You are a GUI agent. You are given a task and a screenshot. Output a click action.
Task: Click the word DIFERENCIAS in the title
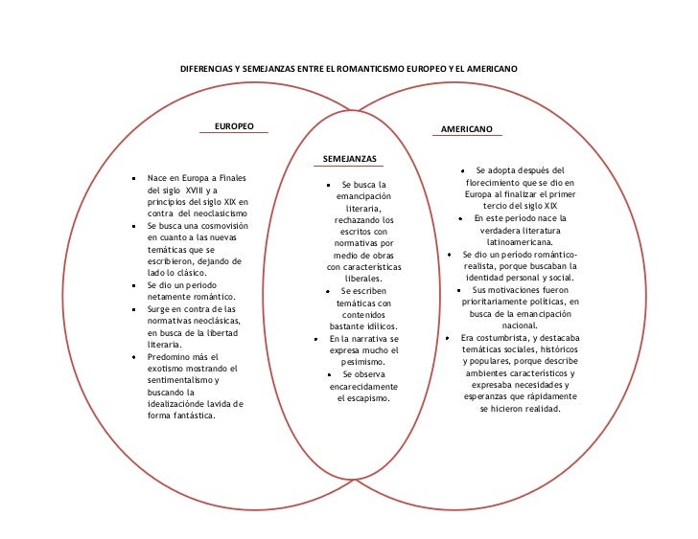pyautogui.click(x=207, y=70)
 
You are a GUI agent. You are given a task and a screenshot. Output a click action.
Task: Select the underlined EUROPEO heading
pyautogui.click(x=234, y=125)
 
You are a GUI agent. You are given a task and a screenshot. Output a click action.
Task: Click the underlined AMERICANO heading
pyautogui.click(x=467, y=128)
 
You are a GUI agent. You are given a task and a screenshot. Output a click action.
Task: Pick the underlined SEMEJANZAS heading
pyautogui.click(x=350, y=157)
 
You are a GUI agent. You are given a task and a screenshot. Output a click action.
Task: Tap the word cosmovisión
pyautogui.click(x=222, y=226)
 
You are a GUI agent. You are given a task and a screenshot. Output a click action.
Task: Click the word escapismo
pyautogui.click(x=363, y=398)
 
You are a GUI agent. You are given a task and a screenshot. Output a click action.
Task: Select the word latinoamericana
pyautogui.click(x=519, y=243)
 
